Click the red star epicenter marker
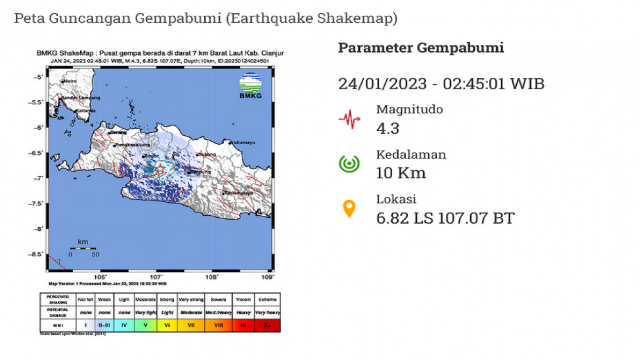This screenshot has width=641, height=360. coord(160,168)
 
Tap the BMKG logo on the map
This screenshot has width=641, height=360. coord(250,86)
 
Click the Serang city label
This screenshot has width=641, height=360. coord(118,132)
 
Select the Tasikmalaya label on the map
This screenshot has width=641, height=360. coord(236,193)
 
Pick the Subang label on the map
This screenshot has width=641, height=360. coord(208,154)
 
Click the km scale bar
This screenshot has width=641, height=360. coord(83,248)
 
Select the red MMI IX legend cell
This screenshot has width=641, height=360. coord(243,326)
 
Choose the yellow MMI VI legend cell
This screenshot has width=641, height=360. coord(167,326)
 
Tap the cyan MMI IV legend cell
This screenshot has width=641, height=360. coord(124,326)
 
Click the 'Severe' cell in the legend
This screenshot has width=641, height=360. coord(218,300)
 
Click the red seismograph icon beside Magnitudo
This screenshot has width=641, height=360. coord(349,119)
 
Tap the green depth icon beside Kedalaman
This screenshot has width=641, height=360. coord(349,164)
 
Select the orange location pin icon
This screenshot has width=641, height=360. coord(349,209)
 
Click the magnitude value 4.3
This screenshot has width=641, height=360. coord(388,128)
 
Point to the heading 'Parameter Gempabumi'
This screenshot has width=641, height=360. coord(421,48)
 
